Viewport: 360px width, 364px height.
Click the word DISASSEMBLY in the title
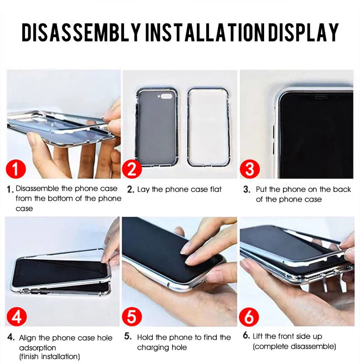[81, 32]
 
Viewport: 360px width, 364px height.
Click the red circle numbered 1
[15, 168]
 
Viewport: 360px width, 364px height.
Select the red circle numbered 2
[132, 168]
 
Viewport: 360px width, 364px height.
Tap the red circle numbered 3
[250, 169]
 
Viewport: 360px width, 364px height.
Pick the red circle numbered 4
[17, 316]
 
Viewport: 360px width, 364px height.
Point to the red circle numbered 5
[132, 316]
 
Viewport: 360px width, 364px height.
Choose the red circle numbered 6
[249, 317]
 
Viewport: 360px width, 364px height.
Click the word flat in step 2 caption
[216, 190]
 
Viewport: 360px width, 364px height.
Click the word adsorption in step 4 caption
[38, 348]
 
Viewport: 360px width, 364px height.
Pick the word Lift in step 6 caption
[257, 336]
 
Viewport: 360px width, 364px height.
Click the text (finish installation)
[49, 356]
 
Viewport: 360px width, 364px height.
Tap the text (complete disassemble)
[294, 347]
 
